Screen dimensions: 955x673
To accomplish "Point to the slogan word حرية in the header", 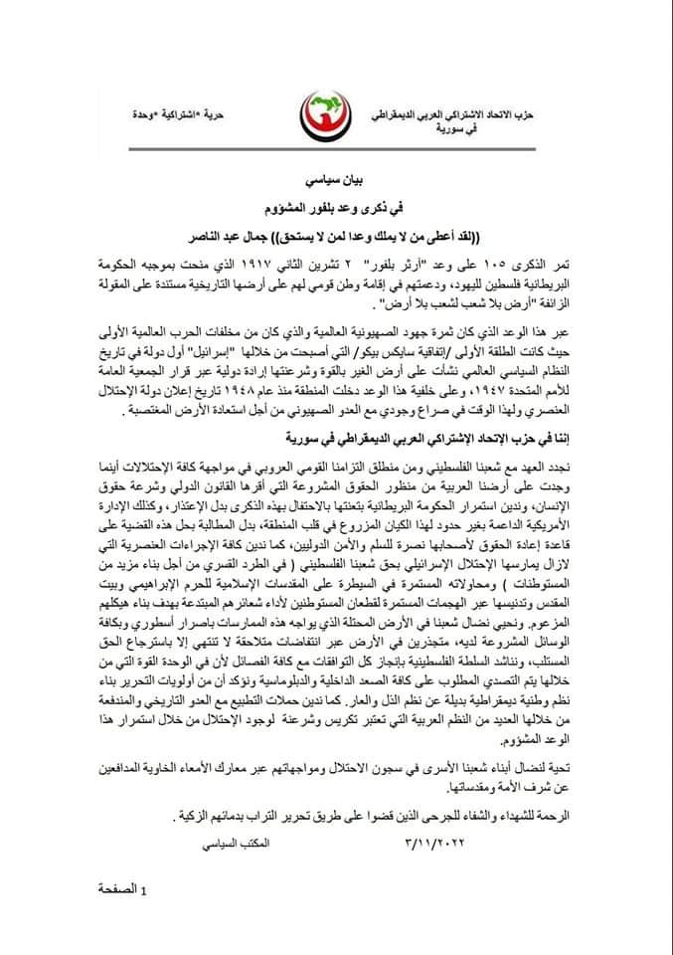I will pyautogui.click(x=241, y=118).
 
